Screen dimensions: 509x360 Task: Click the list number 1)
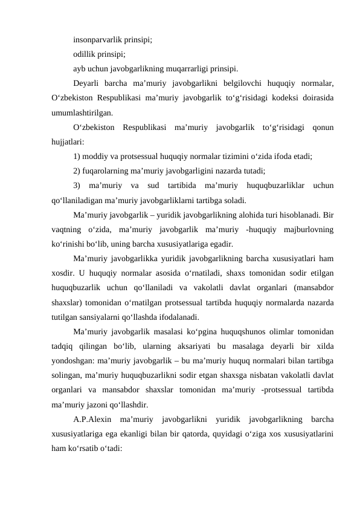[77, 155]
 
